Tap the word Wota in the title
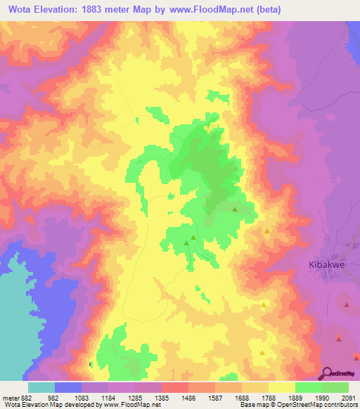[23, 9]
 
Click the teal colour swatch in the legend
[41, 387]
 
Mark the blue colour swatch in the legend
[67, 387]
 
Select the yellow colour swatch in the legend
[281, 387]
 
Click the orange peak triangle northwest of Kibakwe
[267, 231]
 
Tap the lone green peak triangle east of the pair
[235, 209]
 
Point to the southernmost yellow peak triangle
[262, 353]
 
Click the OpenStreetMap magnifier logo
[327, 373]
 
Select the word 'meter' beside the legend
[10, 397]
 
